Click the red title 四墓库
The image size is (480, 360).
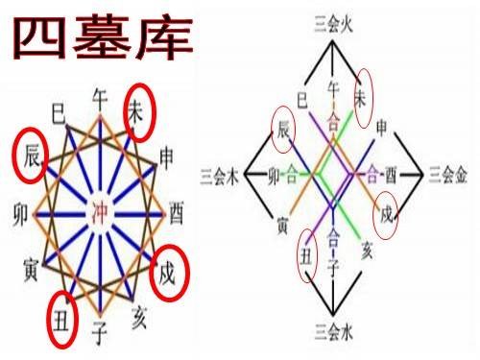[104, 38]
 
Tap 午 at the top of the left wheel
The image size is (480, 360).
[99, 97]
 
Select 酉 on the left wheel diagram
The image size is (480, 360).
[178, 210]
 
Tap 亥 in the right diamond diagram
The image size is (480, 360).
[366, 252]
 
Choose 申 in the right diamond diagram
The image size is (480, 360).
[382, 127]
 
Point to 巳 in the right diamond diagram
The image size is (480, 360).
[302, 98]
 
